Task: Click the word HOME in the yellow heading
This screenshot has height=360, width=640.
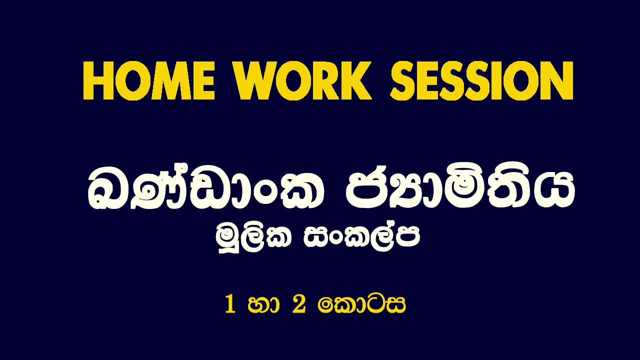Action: pyautogui.click(x=149, y=81)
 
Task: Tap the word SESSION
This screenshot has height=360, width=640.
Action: pyautogui.click(x=481, y=81)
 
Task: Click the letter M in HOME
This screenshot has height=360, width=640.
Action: pyautogui.click(x=168, y=81)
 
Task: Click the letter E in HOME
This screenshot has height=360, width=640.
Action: pyautogui.click(x=203, y=81)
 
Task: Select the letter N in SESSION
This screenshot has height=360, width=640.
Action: pyautogui.click(x=558, y=81)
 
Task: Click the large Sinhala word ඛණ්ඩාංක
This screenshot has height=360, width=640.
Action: pyautogui.click(x=205, y=187)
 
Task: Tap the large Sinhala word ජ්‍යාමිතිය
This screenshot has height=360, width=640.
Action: pyautogui.click(x=460, y=187)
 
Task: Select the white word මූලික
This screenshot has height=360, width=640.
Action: pyautogui.click(x=253, y=239)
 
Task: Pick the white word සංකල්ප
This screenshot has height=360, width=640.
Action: pyautogui.click(x=362, y=237)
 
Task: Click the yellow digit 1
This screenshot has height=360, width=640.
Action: pyautogui.click(x=230, y=305)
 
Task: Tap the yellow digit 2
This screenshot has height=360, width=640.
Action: pyautogui.click(x=299, y=304)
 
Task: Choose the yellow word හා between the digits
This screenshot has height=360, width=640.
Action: pyautogui.click(x=263, y=305)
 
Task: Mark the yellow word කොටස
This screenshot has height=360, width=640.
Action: pyautogui.click(x=361, y=305)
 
